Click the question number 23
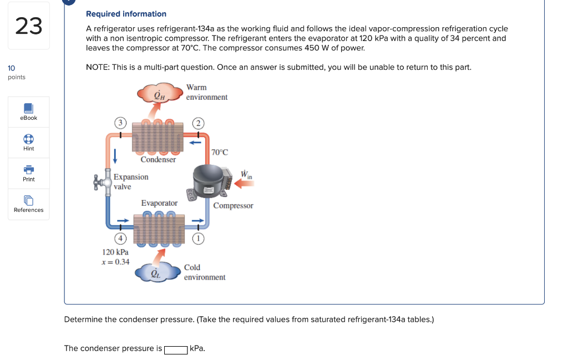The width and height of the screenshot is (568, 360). click(29, 26)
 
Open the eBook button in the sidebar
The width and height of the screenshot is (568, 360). click(29, 111)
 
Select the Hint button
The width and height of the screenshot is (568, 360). click(29, 143)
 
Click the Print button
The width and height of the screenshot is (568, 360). click(29, 173)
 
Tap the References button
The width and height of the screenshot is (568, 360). click(29, 204)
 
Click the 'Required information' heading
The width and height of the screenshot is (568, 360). click(126, 14)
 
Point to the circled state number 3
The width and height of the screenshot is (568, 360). click(118, 123)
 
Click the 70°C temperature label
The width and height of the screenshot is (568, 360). click(220, 152)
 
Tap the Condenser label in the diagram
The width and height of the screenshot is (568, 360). click(158, 160)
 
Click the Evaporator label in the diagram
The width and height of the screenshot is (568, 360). click(159, 203)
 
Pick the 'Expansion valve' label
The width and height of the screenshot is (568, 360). click(131, 181)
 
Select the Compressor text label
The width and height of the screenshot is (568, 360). click(233, 206)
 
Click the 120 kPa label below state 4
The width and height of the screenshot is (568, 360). click(115, 252)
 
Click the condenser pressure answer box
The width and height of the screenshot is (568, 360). click(176, 349)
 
